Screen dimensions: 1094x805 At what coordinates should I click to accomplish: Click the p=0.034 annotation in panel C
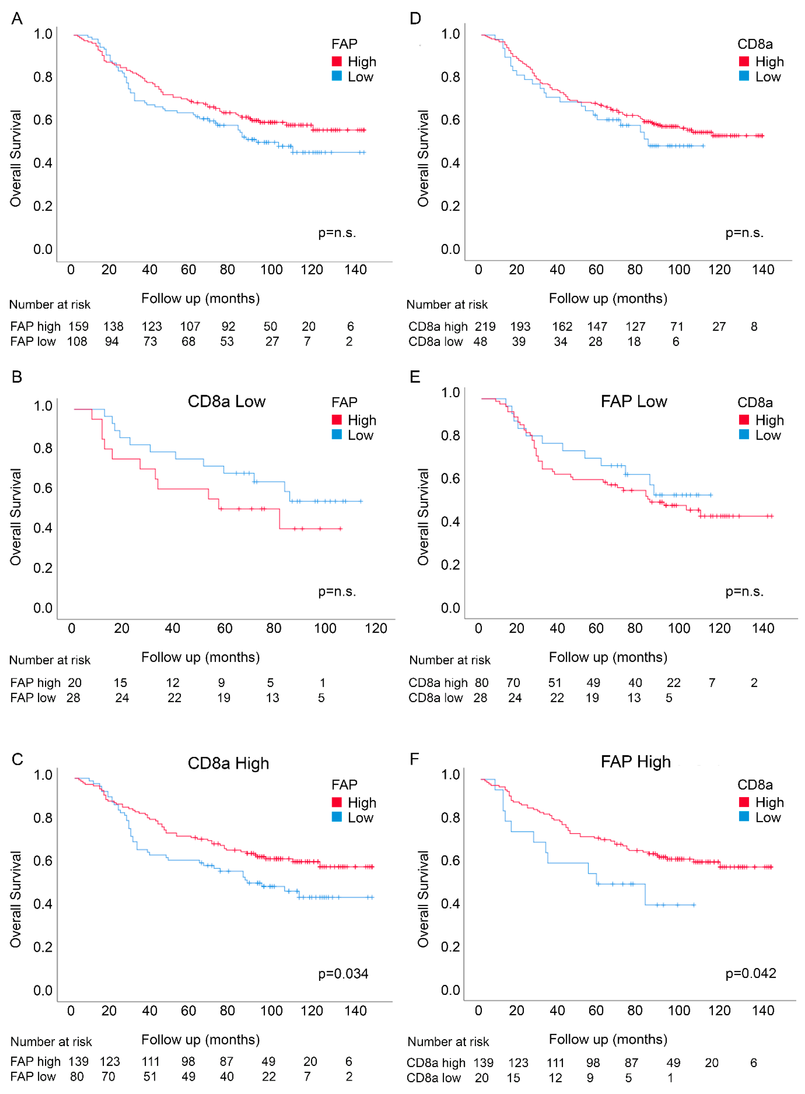point(343,974)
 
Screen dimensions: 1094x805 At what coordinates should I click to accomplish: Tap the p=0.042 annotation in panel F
point(750,973)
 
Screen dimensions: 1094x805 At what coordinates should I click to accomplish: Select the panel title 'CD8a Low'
point(227,401)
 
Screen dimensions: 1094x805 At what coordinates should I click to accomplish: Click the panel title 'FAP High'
point(635,761)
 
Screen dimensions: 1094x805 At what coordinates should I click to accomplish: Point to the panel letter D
point(415,19)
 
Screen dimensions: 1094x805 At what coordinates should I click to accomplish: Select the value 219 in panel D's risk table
point(485,326)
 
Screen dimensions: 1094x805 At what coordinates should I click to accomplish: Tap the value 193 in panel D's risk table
point(520,326)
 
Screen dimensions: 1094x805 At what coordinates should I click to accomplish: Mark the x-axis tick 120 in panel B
point(376,628)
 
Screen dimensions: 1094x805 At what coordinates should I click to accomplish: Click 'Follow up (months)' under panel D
point(608,298)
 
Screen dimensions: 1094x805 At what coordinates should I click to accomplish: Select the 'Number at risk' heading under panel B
point(50,660)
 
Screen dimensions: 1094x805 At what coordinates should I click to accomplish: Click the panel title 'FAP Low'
point(634,401)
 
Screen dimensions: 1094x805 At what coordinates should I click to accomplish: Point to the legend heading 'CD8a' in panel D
point(755,44)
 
